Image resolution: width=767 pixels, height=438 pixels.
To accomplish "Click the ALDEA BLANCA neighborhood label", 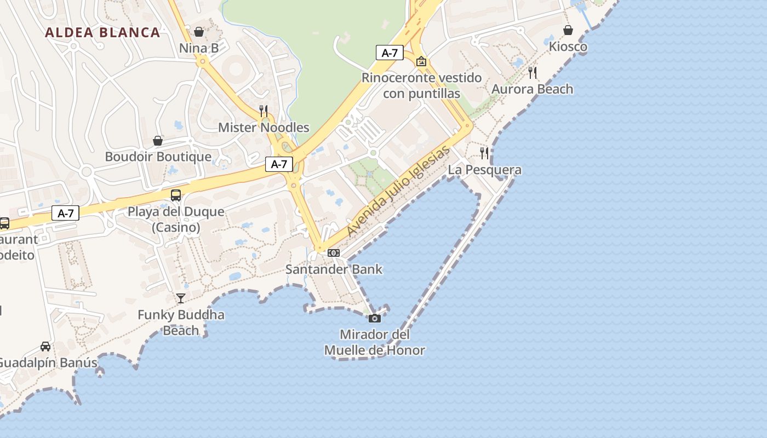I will coord(102,32).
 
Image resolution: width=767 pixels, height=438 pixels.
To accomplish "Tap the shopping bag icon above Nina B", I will coord(199,32).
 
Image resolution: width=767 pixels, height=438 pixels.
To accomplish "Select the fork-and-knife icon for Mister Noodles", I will coord(264,111).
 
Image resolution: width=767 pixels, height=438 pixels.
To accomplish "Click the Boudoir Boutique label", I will coord(158,157).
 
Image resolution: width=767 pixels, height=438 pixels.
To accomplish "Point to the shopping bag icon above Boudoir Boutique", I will coord(158,141).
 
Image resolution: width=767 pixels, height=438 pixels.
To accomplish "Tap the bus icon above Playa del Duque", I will coord(176,195).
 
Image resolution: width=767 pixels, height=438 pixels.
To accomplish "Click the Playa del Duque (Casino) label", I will coord(176,219).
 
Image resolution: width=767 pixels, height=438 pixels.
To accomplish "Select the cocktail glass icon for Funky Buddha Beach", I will coord(181,298).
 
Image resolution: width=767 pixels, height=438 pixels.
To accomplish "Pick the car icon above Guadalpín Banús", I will coord(45,347).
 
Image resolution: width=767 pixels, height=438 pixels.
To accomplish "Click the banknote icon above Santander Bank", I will coord(334,253).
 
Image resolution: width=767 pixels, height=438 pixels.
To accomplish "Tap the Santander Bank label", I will coord(334,269).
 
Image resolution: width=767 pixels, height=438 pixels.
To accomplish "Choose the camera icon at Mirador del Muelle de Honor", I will coord(375,318).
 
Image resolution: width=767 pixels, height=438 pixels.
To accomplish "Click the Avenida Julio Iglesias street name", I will coord(398,191).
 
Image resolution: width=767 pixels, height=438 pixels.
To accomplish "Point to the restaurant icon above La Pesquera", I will coord(484,153).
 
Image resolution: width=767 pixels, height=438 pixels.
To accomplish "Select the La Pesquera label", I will coord(484,170).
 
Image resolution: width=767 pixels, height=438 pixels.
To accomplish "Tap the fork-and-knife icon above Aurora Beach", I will coord(533,73).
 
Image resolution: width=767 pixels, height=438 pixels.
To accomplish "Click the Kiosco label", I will coord(568,47).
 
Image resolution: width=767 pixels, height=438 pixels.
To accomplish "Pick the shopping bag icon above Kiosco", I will coord(568,30).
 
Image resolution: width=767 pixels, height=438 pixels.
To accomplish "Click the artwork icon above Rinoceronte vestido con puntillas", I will coord(421,61).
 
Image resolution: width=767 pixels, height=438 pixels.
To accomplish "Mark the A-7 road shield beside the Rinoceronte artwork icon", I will coord(390,53).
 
